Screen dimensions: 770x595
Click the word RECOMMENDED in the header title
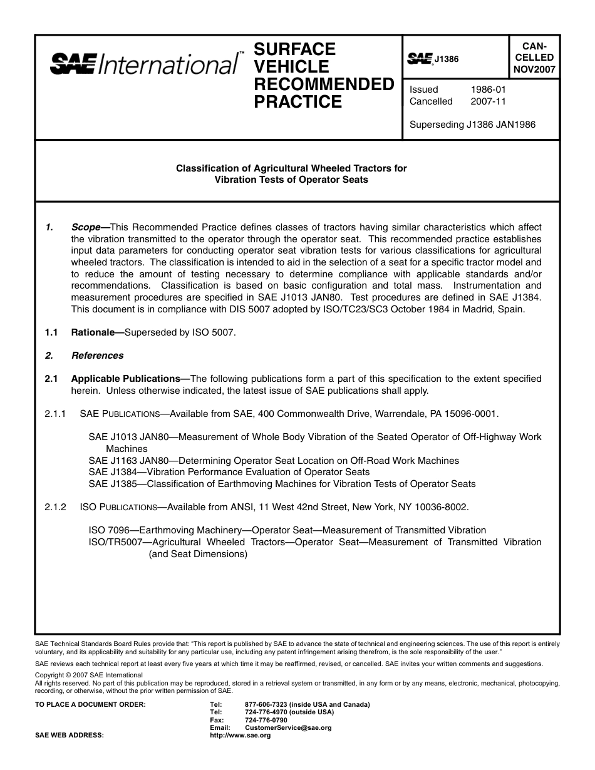324,84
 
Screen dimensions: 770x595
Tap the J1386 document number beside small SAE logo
447,59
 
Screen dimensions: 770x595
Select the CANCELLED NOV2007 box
534,58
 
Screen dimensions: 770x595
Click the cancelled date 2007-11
488,101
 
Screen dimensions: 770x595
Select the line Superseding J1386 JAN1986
472,125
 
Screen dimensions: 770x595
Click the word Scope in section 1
85,227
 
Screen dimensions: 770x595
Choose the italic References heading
97,356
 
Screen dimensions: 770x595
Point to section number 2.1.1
55,414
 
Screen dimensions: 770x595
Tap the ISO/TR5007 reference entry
116,542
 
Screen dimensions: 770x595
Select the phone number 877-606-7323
266,704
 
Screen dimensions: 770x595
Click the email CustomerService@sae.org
288,728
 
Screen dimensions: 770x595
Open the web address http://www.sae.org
240,736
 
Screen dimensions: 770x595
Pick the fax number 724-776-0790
266,720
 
